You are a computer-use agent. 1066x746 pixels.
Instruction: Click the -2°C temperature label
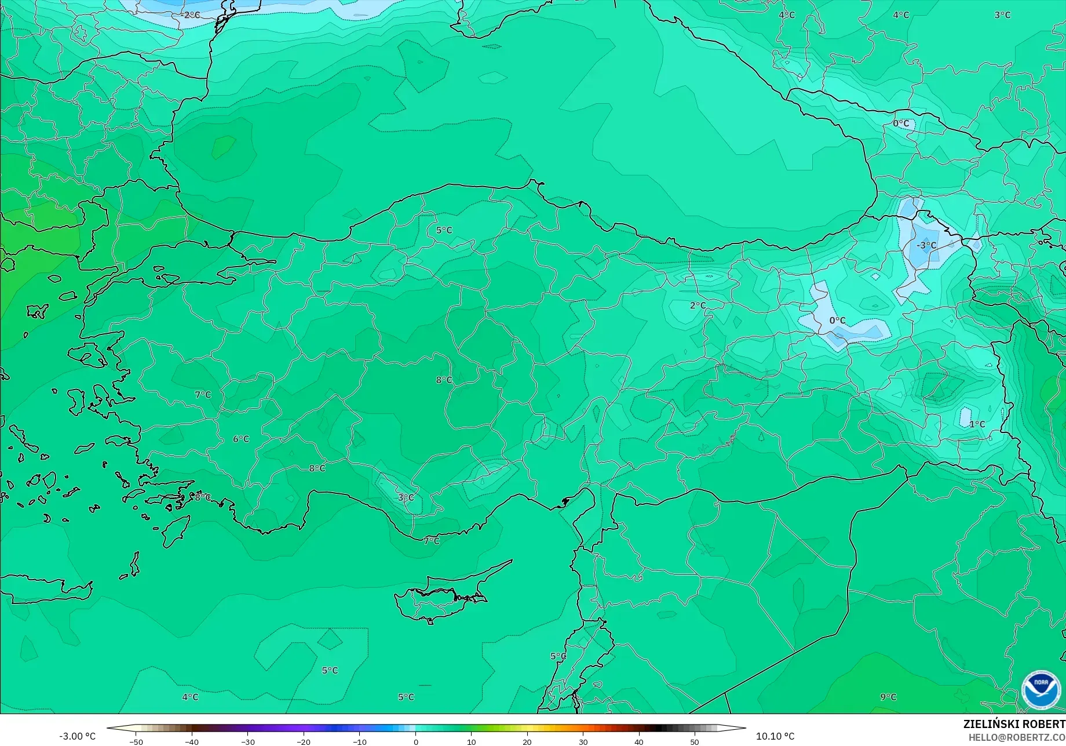[x=191, y=15]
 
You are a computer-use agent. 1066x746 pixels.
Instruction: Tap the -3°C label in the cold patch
[x=926, y=245]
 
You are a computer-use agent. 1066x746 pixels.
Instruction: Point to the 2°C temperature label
[x=698, y=305]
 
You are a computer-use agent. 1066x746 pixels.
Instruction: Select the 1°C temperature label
[x=977, y=424]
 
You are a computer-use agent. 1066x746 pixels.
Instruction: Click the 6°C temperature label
[x=241, y=439]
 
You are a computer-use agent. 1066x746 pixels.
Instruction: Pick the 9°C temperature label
[x=888, y=697]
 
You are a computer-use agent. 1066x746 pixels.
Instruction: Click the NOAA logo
[x=1041, y=690]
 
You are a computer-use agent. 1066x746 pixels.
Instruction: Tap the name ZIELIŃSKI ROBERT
[x=1014, y=724]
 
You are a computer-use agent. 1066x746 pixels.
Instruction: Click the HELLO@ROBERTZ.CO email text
[x=1017, y=737]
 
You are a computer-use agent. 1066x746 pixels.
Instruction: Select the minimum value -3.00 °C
[x=77, y=736]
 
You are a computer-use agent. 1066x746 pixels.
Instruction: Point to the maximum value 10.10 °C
[x=775, y=736]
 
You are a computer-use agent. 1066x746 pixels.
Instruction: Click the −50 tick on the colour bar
[x=136, y=742]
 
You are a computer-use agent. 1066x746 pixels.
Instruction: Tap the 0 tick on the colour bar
[x=415, y=742]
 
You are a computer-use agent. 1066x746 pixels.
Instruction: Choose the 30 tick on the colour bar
[x=583, y=742]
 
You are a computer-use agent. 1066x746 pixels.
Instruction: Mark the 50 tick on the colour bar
[x=695, y=742]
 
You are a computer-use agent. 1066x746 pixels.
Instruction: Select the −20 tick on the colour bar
[x=304, y=742]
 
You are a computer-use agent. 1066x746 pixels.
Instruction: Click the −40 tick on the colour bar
[x=192, y=742]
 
